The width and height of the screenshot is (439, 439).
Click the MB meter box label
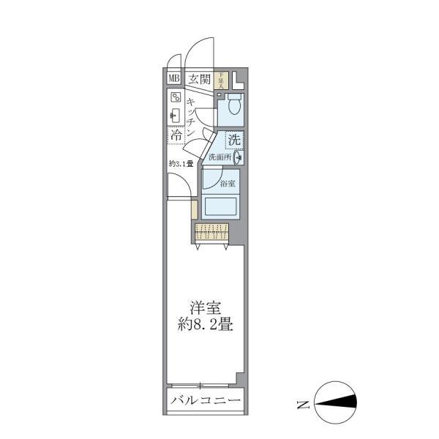coord(174,79)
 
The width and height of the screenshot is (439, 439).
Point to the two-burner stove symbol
coord(176,97)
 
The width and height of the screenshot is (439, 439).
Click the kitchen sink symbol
coord(176,115)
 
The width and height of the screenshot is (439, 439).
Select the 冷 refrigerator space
coord(176,135)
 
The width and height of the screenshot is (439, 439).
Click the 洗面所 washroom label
coord(219,157)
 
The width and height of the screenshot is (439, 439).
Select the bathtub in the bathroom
coord(219,206)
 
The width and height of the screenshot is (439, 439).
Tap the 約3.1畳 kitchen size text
coord(180,163)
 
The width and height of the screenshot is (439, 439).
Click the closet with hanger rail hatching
coord(212,233)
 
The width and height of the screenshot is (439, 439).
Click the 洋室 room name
coord(206,308)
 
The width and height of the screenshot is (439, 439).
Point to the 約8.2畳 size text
coord(206,325)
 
